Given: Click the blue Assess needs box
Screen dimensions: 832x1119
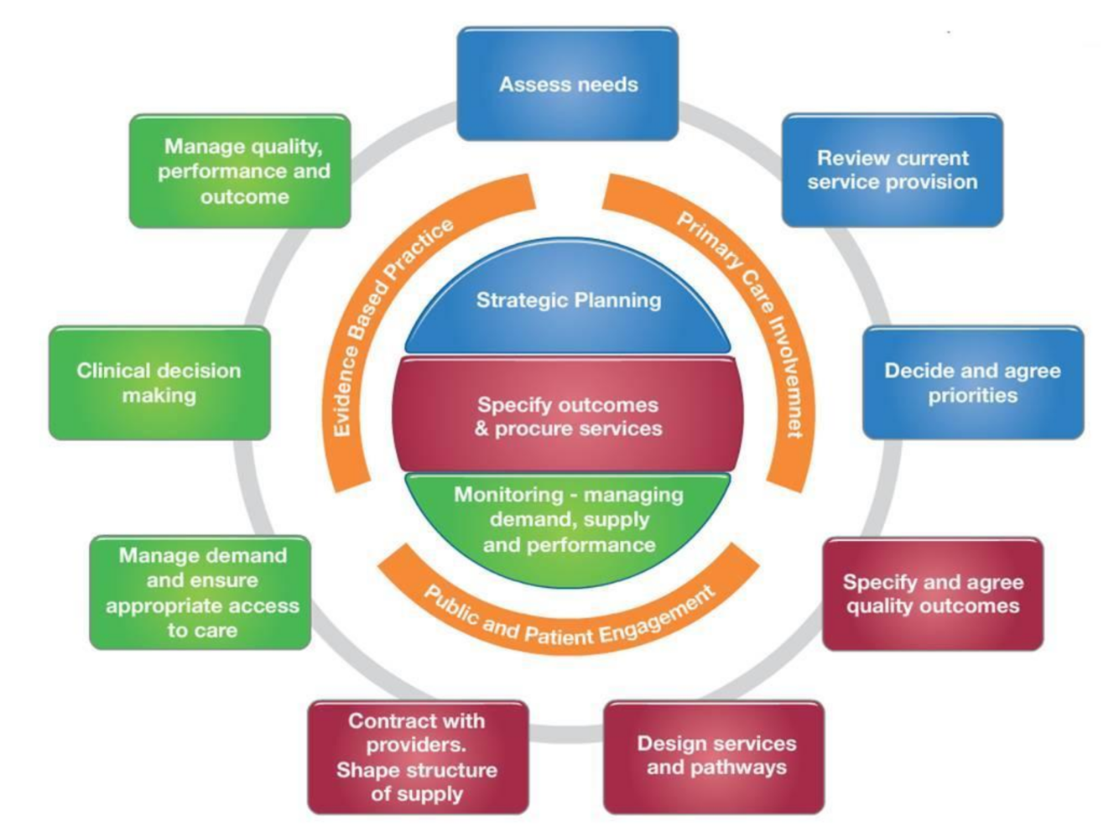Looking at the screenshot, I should (x=568, y=84).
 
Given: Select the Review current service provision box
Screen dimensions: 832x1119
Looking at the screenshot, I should (x=893, y=170).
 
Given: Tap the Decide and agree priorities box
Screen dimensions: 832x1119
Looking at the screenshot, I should (x=973, y=382).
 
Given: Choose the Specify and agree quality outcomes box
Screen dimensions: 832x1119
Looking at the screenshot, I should (x=933, y=594).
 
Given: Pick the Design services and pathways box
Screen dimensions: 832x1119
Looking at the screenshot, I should (x=715, y=757).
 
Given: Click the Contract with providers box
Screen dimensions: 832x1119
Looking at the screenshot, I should (x=418, y=757).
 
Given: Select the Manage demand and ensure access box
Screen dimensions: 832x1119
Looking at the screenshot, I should (x=200, y=592).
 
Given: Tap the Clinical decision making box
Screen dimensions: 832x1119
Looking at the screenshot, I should (x=159, y=382).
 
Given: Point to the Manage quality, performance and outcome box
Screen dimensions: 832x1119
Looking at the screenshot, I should (x=241, y=171).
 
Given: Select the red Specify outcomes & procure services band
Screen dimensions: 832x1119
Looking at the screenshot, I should (x=568, y=416).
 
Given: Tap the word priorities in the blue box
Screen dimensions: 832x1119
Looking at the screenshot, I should (x=972, y=395).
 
